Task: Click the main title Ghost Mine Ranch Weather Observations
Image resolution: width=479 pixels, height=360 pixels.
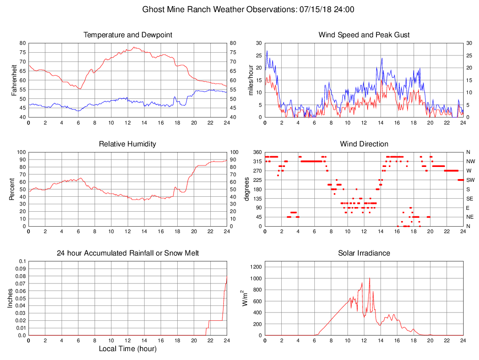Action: (248, 9)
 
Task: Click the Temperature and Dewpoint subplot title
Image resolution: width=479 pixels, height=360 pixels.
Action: (128, 35)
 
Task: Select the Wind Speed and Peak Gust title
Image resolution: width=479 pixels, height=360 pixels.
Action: (364, 35)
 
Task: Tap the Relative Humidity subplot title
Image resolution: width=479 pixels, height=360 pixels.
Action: (128, 144)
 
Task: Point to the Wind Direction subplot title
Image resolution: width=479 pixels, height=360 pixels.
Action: (364, 144)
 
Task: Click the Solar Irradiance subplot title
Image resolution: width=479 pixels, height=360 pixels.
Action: (364, 253)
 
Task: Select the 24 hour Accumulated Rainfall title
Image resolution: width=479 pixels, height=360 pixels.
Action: (128, 253)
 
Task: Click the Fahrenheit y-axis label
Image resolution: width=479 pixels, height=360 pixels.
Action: (14, 80)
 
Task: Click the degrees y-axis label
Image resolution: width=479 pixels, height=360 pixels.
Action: (247, 189)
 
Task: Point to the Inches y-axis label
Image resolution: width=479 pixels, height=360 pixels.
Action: (10, 298)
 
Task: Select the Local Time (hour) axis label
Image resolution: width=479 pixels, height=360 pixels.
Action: (128, 349)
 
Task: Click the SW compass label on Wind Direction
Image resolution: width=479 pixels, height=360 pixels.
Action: (470, 180)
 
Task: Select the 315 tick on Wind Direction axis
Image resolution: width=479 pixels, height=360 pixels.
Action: (256, 161)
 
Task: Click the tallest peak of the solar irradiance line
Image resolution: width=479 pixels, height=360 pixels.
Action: (369, 278)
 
